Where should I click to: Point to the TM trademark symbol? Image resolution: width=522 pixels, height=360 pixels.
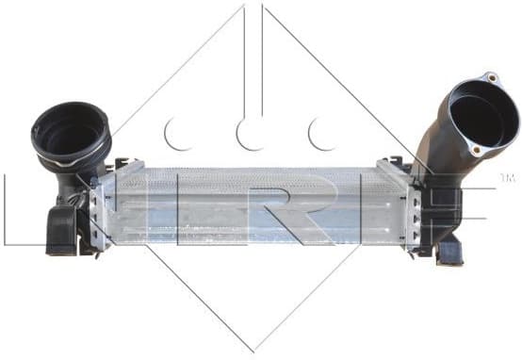coord(506,177)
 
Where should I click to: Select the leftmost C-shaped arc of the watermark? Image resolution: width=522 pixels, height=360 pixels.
coord(174,134)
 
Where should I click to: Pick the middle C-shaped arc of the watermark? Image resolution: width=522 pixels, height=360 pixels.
coord(248,134)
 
